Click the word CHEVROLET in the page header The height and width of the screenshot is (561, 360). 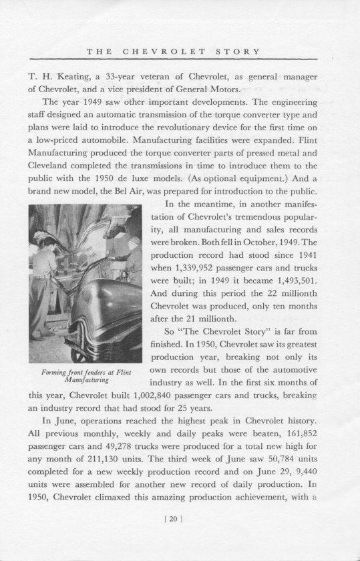coord(161,52)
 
